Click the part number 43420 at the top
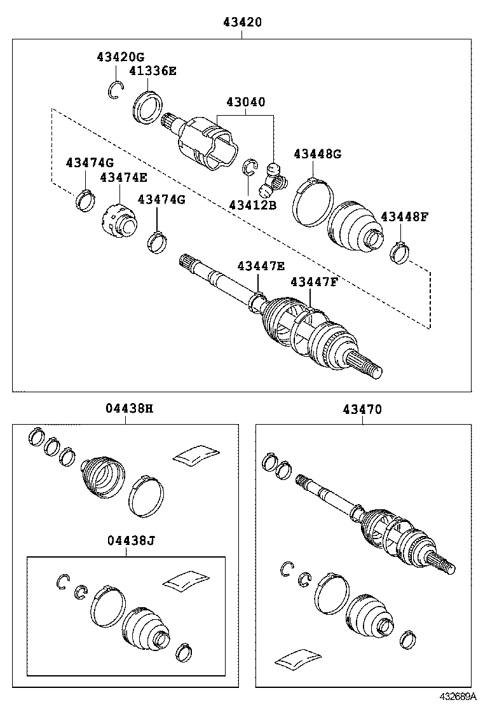coord(242,22)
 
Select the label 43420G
coord(121,57)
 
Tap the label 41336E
coord(153,71)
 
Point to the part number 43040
coord(245,102)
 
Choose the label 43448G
coord(317,154)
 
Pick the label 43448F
coord(404,216)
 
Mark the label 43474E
coord(123,177)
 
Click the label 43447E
coord(261,266)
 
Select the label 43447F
coord(314,282)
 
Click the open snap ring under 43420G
coord(114,90)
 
